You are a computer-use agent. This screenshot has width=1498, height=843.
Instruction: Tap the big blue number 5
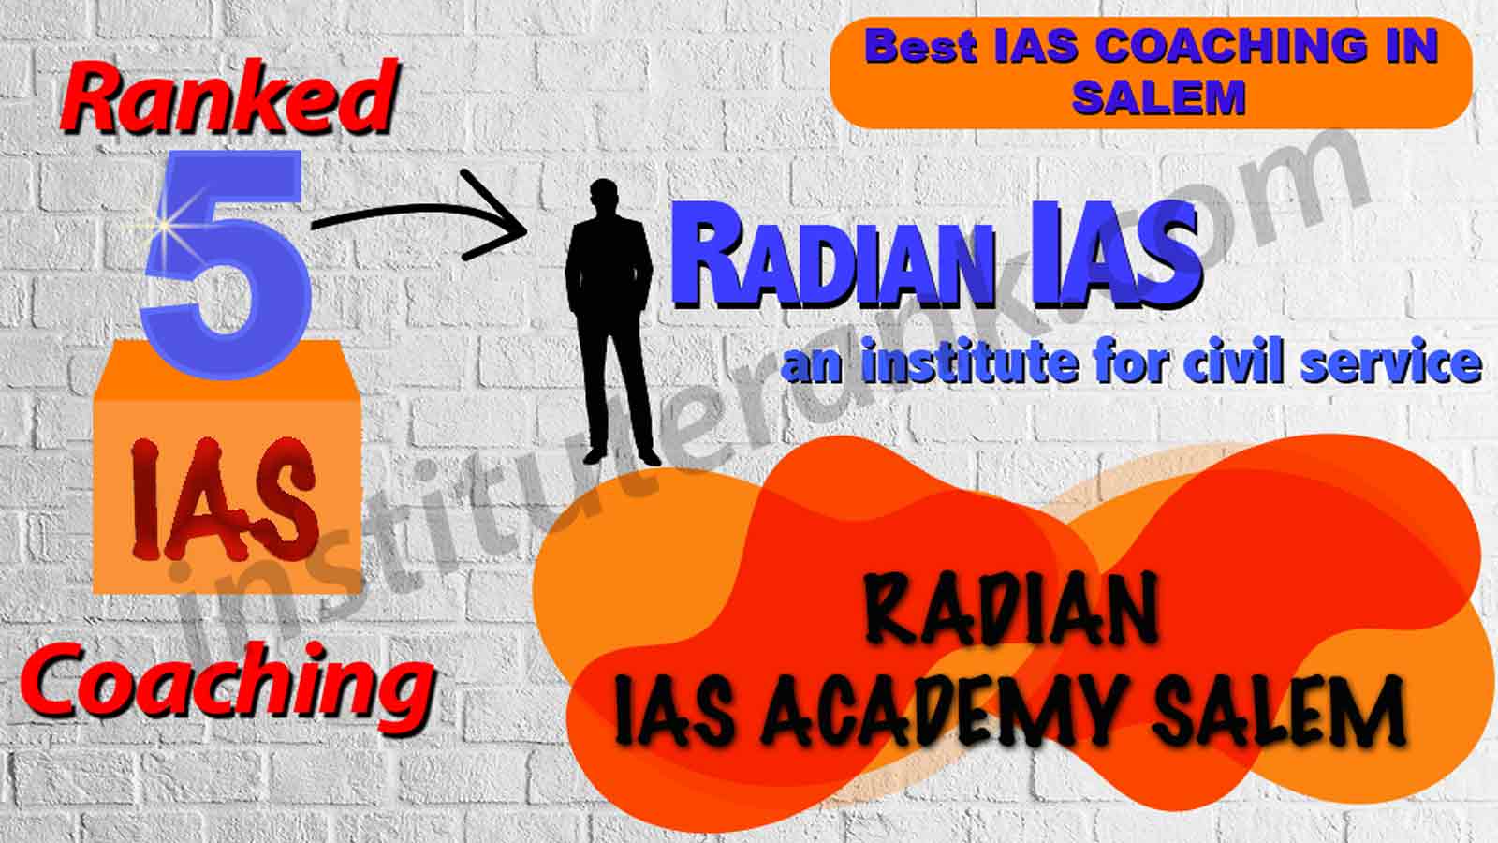[226, 265]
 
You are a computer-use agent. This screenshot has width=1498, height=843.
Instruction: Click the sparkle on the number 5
[163, 226]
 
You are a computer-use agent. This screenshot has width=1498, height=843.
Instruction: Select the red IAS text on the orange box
[224, 499]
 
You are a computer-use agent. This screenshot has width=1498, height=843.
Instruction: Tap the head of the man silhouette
[603, 197]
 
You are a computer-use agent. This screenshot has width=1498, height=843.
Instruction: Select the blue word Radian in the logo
[833, 263]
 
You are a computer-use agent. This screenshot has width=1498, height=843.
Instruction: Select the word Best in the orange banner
[920, 47]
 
